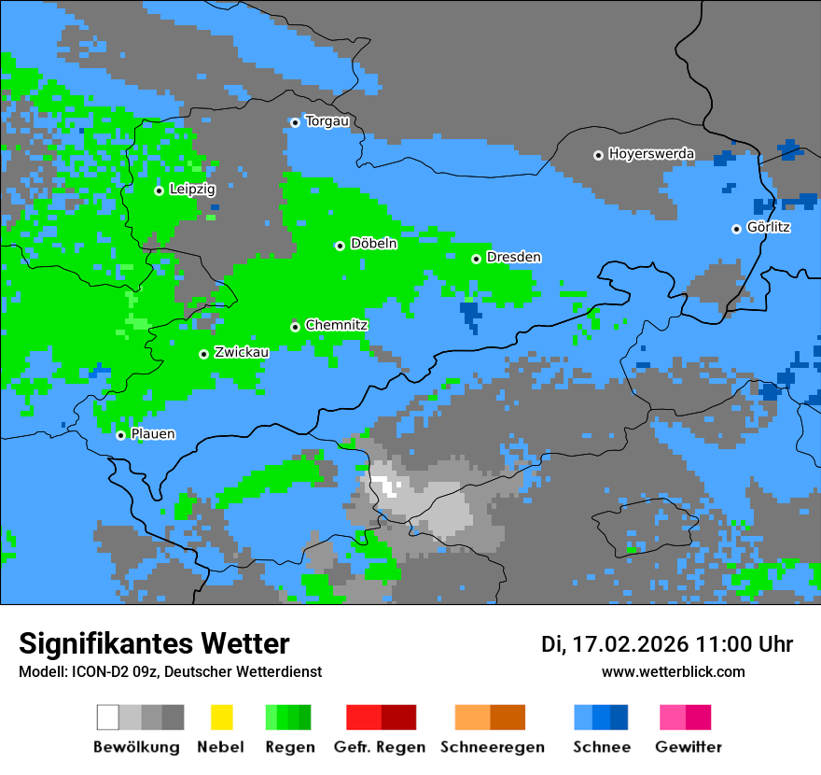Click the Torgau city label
click(x=327, y=121)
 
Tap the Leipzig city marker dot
click(x=159, y=190)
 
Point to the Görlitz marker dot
click(x=736, y=229)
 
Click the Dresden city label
click(x=513, y=258)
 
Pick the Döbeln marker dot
click(x=340, y=246)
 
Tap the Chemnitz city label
click(x=336, y=326)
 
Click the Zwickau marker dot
click(x=203, y=354)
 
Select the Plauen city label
click(x=152, y=434)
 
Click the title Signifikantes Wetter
click(x=154, y=643)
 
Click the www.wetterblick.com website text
click(x=673, y=671)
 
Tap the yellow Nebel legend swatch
click(x=221, y=717)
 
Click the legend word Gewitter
click(x=689, y=747)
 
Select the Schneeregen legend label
click(x=493, y=747)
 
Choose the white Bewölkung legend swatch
click(x=108, y=717)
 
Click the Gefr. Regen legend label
click(x=380, y=747)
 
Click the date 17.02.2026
click(x=630, y=644)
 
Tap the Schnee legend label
click(x=602, y=747)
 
